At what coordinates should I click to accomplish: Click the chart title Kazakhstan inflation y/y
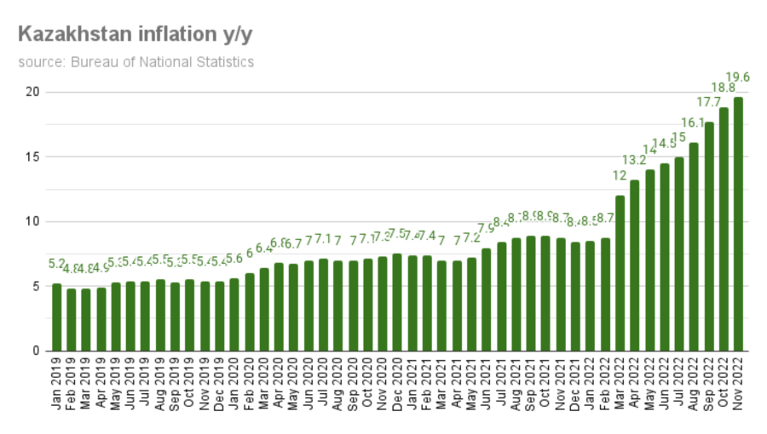[135, 35]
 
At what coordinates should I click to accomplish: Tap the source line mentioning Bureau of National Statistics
[136, 62]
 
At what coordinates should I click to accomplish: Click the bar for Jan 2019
[57, 317]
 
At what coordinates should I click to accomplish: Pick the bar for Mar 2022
[620, 273]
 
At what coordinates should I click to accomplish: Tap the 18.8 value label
[724, 88]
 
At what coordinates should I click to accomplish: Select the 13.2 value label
[634, 160]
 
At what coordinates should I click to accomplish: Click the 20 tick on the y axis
[32, 92]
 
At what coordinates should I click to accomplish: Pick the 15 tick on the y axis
[32, 157]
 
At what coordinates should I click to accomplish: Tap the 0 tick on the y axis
[36, 351]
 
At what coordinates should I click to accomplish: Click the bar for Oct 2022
[724, 229]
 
